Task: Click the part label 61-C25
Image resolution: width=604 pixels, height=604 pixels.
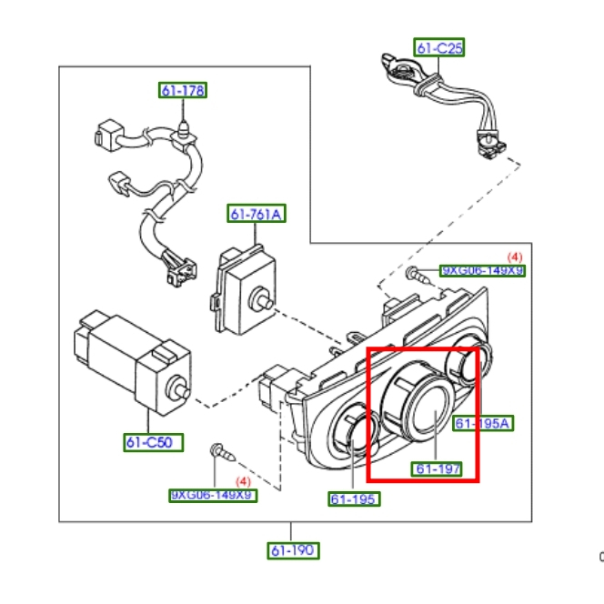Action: [439, 48]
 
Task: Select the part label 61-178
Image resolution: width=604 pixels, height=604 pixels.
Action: [183, 90]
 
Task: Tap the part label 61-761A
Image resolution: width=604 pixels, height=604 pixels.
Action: [257, 215]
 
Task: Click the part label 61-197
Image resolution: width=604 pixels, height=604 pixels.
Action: [438, 469]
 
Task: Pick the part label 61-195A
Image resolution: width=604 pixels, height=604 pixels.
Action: [483, 423]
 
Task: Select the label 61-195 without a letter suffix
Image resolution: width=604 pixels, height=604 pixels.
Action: [354, 498]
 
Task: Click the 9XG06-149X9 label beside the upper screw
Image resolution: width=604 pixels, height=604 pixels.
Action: [482, 271]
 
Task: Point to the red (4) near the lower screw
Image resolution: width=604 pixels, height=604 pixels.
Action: [243, 480]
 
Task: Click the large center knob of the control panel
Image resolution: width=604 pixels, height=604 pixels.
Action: [422, 408]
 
